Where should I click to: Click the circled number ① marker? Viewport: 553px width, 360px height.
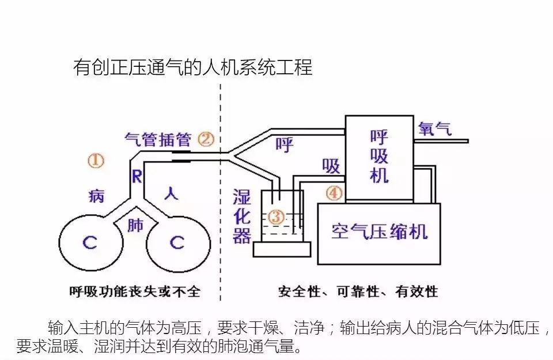(x=96, y=161)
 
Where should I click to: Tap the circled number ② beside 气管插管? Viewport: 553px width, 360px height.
(x=206, y=139)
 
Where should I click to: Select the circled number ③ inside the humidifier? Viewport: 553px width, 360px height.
(x=277, y=217)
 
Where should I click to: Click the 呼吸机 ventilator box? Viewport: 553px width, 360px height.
(x=379, y=157)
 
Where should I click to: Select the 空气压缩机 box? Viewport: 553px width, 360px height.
(x=379, y=232)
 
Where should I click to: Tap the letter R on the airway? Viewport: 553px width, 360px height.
(x=137, y=176)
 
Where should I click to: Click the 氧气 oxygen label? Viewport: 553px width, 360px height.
(x=435, y=128)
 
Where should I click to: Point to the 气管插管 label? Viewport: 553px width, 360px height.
(x=158, y=139)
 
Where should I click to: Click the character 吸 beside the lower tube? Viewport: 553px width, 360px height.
(x=331, y=166)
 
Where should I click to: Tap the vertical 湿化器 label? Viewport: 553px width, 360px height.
(x=243, y=215)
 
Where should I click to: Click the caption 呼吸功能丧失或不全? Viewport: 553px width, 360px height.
(x=134, y=291)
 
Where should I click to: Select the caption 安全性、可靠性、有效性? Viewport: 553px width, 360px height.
(x=358, y=291)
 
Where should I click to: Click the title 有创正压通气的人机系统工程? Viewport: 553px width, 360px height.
(x=193, y=68)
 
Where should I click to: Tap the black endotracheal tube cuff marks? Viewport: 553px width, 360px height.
(x=181, y=156)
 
